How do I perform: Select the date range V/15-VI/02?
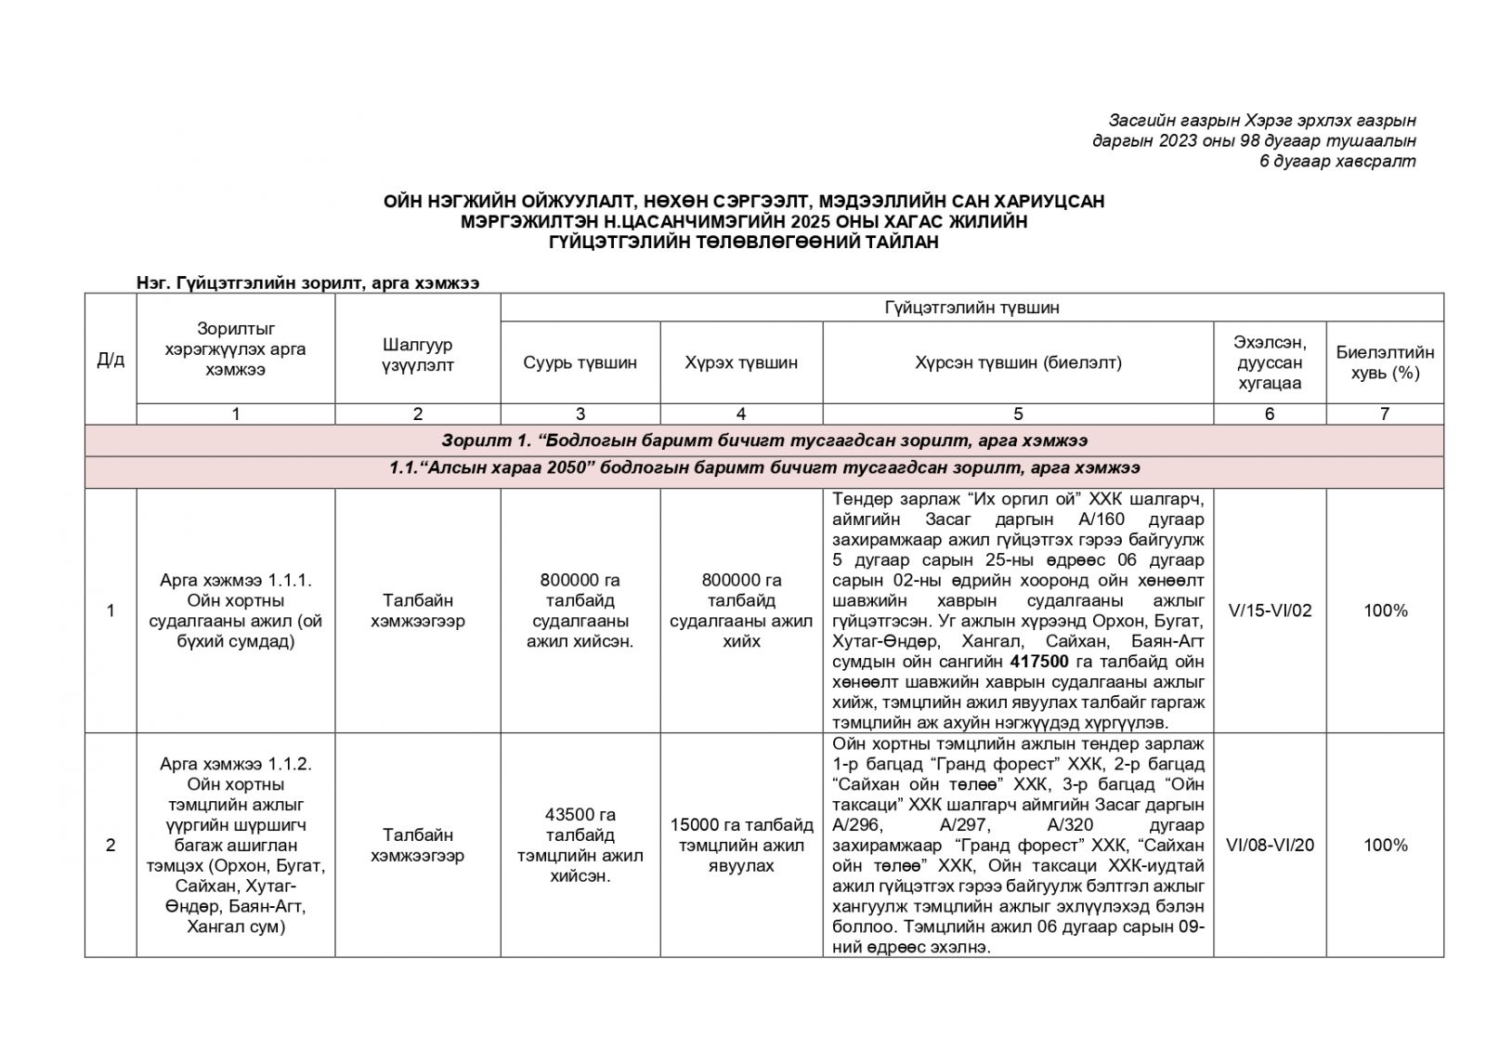[x=1269, y=611]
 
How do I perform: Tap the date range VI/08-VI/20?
[x=1269, y=845]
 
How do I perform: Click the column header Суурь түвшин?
[x=580, y=362]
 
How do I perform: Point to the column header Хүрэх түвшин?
[x=740, y=362]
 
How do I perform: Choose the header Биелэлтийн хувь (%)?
[x=1384, y=362]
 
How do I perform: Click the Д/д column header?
[x=111, y=360]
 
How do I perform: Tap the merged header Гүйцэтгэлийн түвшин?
[x=971, y=308]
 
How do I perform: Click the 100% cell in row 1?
[x=1385, y=611]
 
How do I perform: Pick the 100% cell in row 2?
[x=1385, y=845]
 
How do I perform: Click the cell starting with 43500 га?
[x=580, y=845]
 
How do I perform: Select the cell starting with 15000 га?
[x=740, y=845]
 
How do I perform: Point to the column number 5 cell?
[x=1018, y=414]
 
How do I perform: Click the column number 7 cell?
[x=1384, y=414]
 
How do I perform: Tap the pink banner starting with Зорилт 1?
[x=763, y=440]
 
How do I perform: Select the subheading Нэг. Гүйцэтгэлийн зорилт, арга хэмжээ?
[x=307, y=283]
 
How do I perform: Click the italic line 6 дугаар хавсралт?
[x=1336, y=162]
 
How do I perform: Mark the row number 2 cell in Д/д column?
[x=111, y=845]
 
